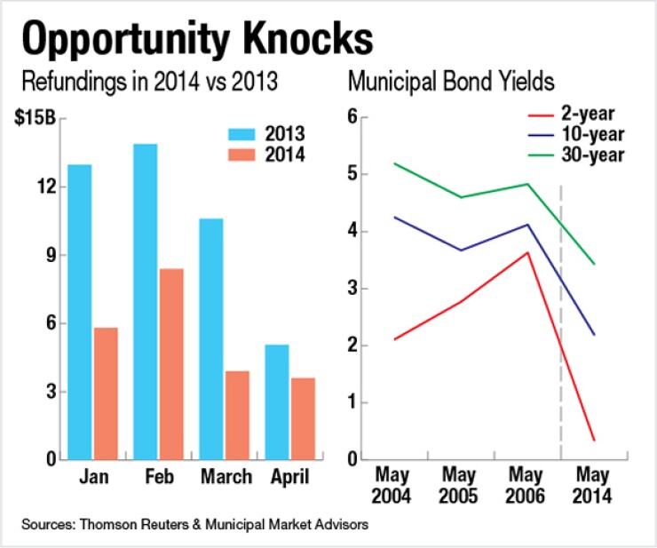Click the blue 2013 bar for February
click(x=146, y=302)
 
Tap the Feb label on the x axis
click(x=158, y=477)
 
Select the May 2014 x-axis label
click(x=593, y=486)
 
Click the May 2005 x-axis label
click(x=461, y=486)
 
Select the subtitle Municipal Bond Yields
click(x=451, y=83)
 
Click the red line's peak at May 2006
click(x=528, y=252)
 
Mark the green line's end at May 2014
click(x=594, y=264)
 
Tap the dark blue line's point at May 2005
click(x=461, y=250)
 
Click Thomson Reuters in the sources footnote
click(x=131, y=525)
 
